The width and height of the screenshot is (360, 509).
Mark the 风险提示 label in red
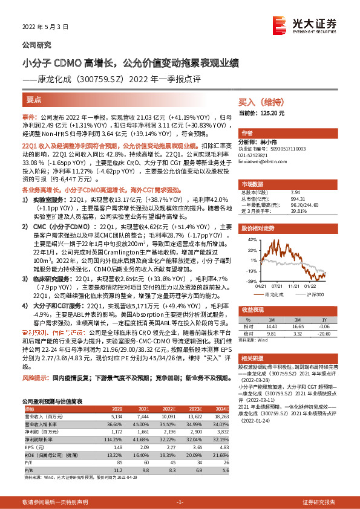(36, 361)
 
